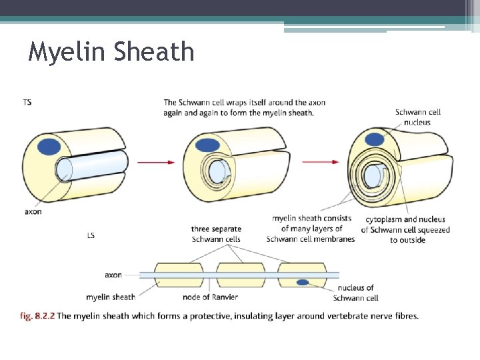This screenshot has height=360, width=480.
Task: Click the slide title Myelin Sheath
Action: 111,51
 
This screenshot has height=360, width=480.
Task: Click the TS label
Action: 27,102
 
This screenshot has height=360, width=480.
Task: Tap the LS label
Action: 91,235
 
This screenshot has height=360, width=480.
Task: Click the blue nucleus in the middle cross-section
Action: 209,145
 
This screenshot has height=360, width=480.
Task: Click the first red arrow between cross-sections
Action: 156,162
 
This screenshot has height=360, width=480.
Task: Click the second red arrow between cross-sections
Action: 323,162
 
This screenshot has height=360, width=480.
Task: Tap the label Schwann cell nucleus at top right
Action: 417,117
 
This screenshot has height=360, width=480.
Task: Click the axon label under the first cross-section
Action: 33,211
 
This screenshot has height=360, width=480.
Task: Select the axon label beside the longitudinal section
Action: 113,275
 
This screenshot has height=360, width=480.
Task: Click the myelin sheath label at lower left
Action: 111,297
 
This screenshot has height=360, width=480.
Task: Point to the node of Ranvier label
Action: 210,297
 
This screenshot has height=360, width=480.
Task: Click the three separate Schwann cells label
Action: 216,234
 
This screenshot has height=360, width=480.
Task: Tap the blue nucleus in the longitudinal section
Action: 303,283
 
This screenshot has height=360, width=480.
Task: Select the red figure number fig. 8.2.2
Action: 37,315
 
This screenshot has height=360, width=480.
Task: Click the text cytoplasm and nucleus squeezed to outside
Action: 406,229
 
